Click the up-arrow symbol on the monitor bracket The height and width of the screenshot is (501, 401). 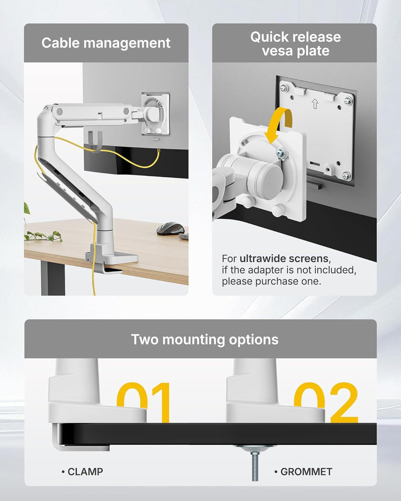click(315, 104)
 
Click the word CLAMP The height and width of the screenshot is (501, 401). click(85, 472)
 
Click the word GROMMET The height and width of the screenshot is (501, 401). click(306, 472)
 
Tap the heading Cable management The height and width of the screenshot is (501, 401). click(106, 43)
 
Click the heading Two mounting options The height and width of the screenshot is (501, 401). click(204, 339)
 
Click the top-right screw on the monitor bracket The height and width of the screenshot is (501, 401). click(347, 101)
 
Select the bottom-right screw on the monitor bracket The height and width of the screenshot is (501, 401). click(346, 175)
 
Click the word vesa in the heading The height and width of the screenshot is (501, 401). click(276, 51)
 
